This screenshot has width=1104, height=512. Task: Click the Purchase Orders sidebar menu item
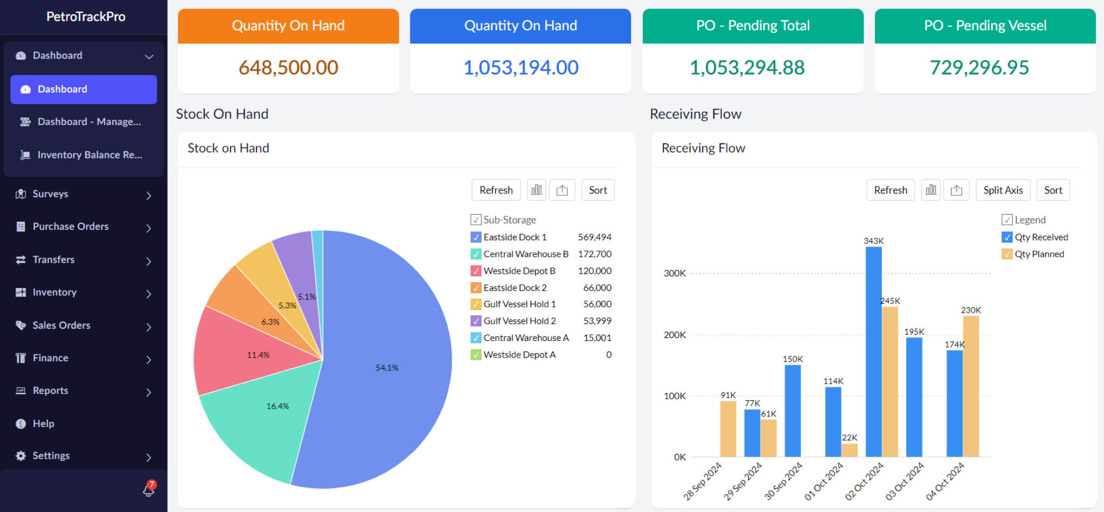click(71, 227)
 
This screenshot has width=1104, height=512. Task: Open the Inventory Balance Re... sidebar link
click(89, 155)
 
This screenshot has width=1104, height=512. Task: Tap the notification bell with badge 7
click(149, 489)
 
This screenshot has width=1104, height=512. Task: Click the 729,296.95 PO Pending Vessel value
click(979, 68)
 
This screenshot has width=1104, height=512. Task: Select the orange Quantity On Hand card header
click(288, 26)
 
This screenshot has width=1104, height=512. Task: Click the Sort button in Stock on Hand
click(597, 190)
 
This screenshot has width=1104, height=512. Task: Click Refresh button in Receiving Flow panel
click(890, 190)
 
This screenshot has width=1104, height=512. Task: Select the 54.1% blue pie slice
click(387, 368)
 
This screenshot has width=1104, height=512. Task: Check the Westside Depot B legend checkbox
click(476, 271)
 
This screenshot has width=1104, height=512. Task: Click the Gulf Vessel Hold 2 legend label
click(519, 321)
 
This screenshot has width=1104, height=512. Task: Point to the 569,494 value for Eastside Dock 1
click(594, 237)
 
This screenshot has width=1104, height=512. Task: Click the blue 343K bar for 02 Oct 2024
click(873, 353)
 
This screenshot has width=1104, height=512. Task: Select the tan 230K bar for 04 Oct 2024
click(970, 385)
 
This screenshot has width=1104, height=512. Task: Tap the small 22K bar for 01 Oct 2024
click(849, 450)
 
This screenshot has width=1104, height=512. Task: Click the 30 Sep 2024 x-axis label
click(783, 481)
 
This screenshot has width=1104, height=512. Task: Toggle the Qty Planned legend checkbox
click(1007, 254)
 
